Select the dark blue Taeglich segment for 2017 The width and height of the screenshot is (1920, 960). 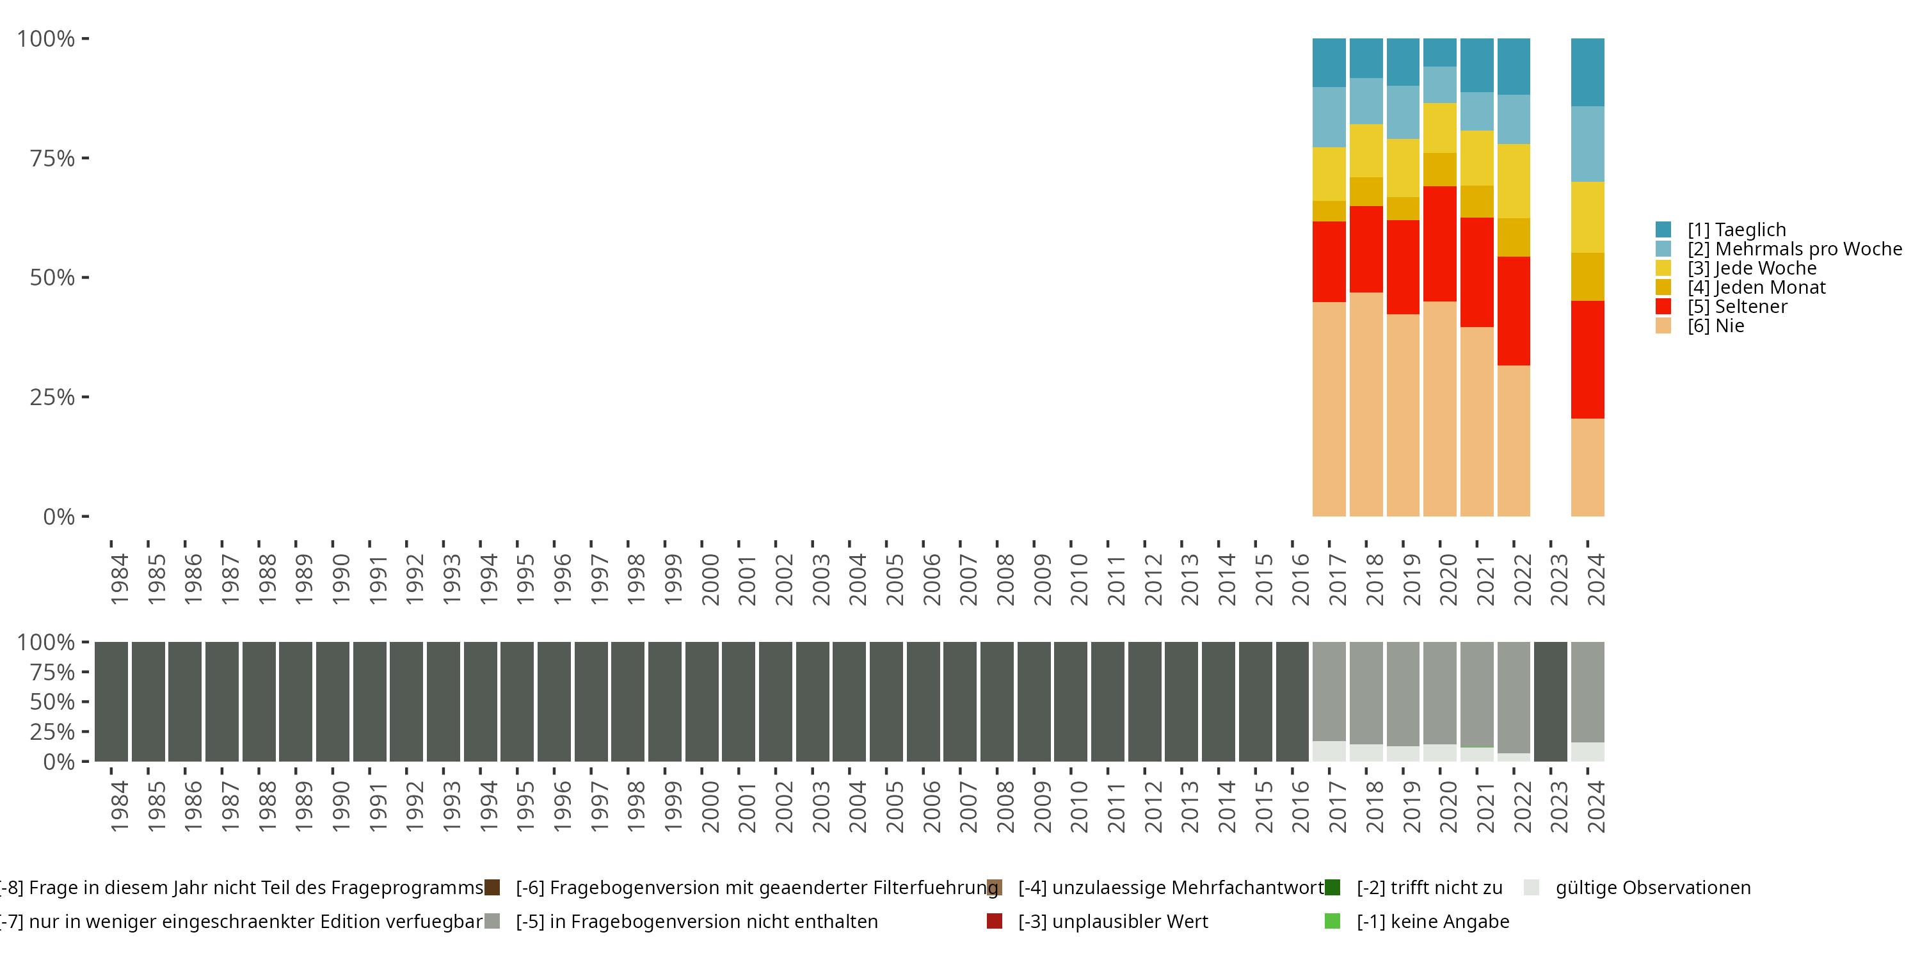pos(1329,63)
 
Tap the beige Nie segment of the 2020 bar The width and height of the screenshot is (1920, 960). pos(1439,408)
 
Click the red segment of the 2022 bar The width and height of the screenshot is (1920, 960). pos(1513,311)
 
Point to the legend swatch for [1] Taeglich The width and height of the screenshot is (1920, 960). pos(1663,230)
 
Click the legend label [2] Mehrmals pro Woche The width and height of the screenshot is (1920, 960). pos(1794,249)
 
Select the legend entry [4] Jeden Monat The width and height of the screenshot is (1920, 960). pos(1756,288)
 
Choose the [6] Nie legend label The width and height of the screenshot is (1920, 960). pos(1715,326)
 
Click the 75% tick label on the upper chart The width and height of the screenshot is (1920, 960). pos(52,158)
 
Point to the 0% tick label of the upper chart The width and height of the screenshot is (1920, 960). pos(59,516)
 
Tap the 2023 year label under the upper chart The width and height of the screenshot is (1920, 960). pos(1558,579)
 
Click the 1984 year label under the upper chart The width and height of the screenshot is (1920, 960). pos(119,579)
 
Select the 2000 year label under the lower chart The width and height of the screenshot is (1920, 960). pos(710,806)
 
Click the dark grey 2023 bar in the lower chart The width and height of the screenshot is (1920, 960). pos(1550,701)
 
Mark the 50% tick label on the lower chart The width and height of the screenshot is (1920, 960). pos(52,702)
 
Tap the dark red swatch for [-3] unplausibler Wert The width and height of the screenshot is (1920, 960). pos(995,921)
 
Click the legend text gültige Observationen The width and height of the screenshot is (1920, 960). pos(1652,888)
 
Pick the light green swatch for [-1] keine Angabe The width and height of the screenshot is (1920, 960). pos(1332,921)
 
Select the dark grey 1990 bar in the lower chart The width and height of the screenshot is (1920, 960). pos(332,701)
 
